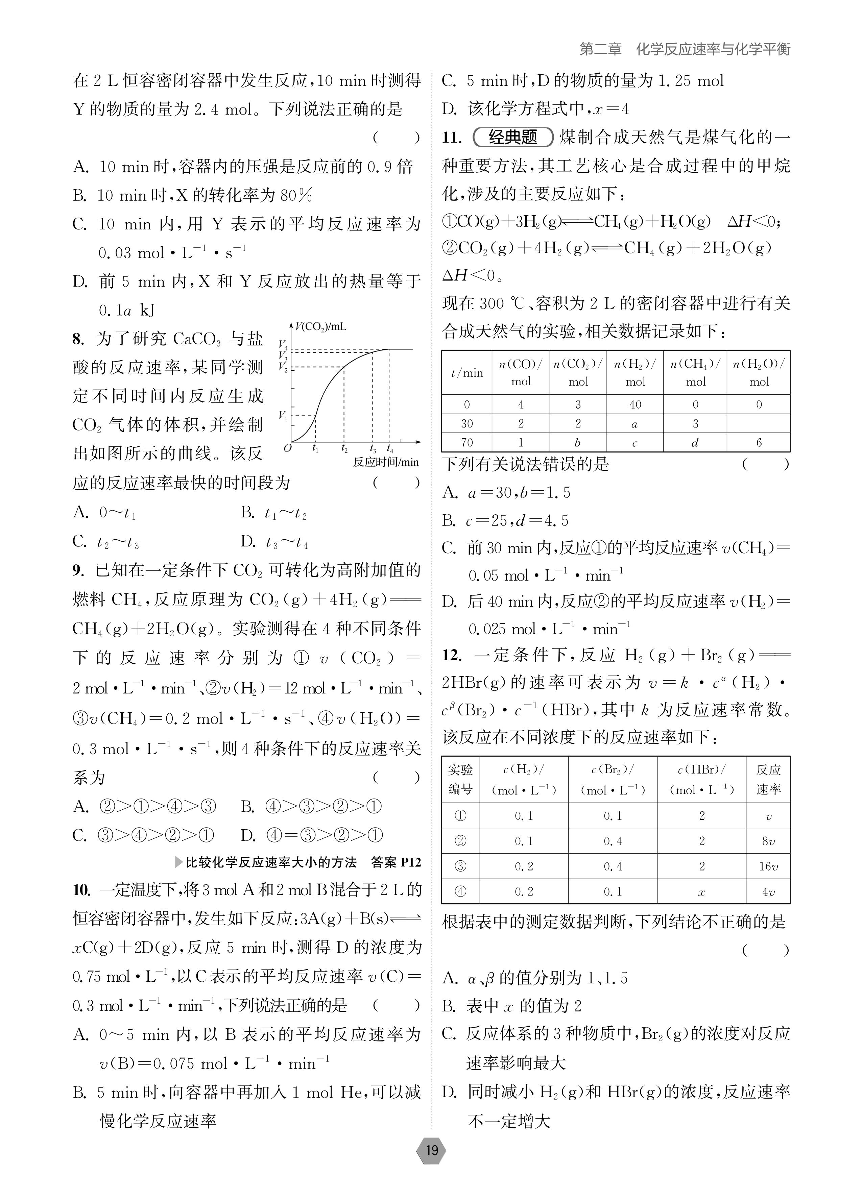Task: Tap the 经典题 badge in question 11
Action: click(512, 138)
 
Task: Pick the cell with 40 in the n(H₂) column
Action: click(635, 405)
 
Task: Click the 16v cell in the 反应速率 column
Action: click(768, 866)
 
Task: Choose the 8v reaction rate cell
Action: click(768, 841)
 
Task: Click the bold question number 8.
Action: click(78, 339)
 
